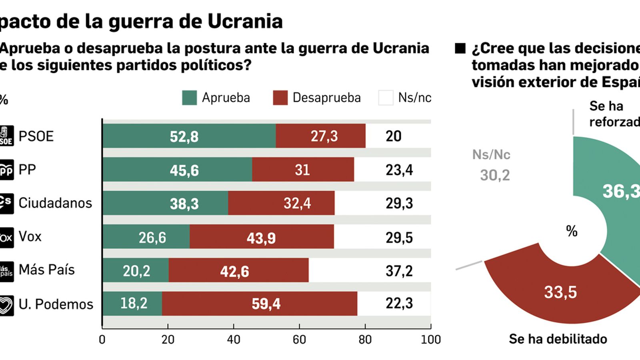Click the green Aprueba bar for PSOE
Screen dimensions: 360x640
pyautogui.click(x=189, y=136)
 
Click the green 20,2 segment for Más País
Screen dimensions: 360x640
pyautogui.click(x=136, y=270)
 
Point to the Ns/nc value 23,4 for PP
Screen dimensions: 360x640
pyautogui.click(x=399, y=170)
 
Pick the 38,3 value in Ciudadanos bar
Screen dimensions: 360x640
pyautogui.click(x=184, y=204)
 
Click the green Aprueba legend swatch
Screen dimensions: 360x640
pyautogui.click(x=189, y=98)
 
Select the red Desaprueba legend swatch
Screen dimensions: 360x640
pyautogui.click(x=280, y=98)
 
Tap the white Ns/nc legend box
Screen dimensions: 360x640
pyautogui.click(x=386, y=98)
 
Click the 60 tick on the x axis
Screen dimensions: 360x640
pyautogui.click(x=299, y=340)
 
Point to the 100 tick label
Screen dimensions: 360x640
pyautogui.click(x=430, y=340)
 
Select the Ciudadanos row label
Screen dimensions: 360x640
pyautogui.click(x=55, y=203)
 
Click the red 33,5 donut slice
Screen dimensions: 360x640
pyautogui.click(x=560, y=292)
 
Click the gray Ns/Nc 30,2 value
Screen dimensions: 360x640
pyautogui.click(x=495, y=175)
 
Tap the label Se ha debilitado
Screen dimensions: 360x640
pyautogui.click(x=558, y=339)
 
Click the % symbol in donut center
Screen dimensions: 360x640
pyautogui.click(x=572, y=231)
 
